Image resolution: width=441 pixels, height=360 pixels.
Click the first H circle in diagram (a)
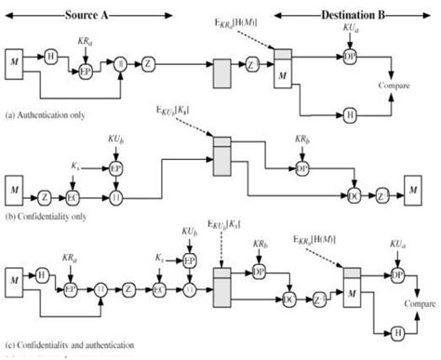[49, 55]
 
